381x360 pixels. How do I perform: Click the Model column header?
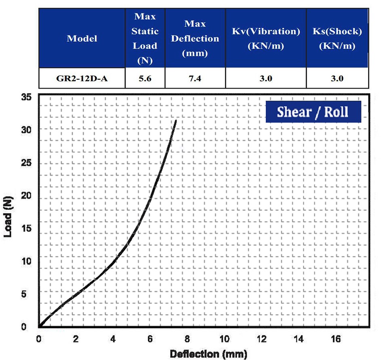tap(82, 39)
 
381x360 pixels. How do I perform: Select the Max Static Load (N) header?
tap(145, 38)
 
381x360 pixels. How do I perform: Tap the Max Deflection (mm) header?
tap(195, 39)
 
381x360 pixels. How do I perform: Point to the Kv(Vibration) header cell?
tap(266, 39)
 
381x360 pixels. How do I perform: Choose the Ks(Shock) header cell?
tap(337, 39)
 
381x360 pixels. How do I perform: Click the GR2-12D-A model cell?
tap(82, 78)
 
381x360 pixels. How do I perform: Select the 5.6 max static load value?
tap(145, 78)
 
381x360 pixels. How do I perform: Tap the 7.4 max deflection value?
tap(195, 78)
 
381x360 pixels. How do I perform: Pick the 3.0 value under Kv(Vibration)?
tap(266, 78)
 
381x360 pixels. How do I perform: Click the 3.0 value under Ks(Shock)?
tap(337, 78)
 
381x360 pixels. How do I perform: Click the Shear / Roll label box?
tap(313, 112)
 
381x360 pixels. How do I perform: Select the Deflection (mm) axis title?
tap(208, 354)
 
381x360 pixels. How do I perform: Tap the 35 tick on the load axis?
tap(26, 97)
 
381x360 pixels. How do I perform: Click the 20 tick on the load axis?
tap(26, 195)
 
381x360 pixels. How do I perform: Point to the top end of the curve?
tap(176, 121)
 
